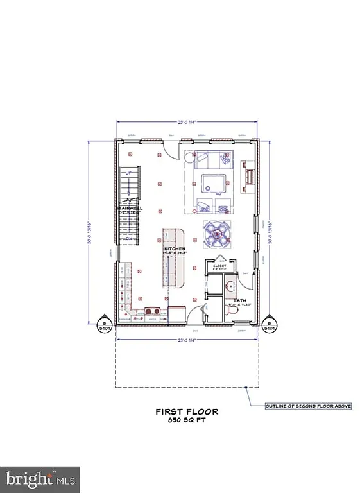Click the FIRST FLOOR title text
click(187, 411)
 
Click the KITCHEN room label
click(175, 249)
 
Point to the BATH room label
click(239, 300)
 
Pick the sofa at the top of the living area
click(210, 158)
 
